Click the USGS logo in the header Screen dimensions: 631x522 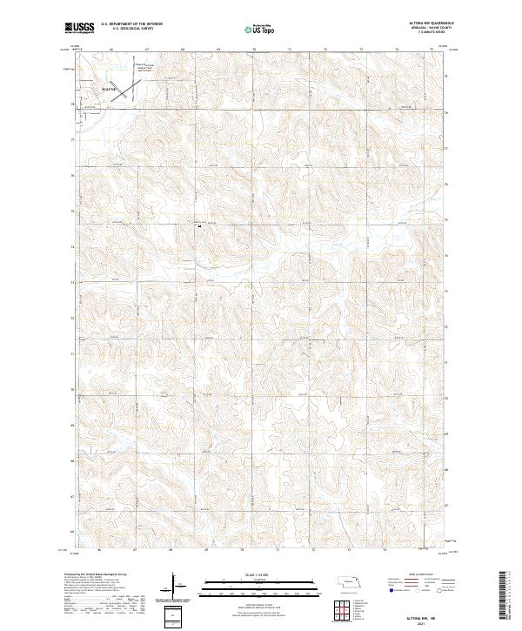point(78,28)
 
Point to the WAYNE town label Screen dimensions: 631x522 point(109,88)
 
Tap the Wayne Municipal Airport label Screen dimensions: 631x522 point(143,66)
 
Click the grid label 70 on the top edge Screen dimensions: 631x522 point(253,50)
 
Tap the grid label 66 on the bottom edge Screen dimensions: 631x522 point(100,550)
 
